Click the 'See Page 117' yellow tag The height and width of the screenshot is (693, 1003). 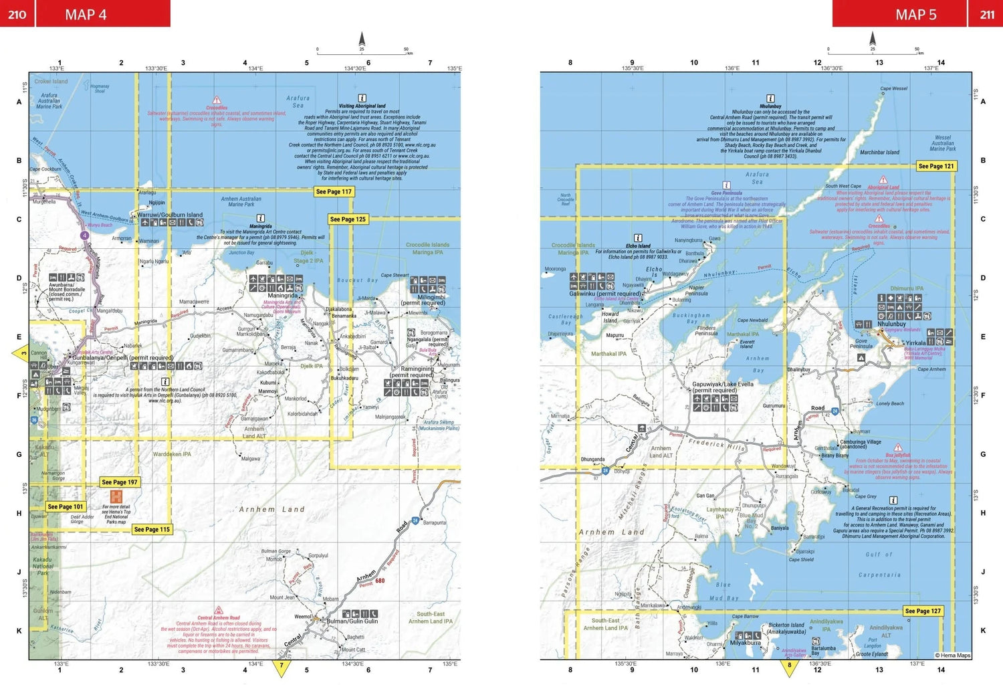[x=334, y=192]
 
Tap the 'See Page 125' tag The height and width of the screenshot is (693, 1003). [x=348, y=219]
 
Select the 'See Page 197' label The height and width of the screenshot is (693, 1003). [x=120, y=482]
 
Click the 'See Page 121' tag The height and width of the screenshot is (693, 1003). [x=936, y=167]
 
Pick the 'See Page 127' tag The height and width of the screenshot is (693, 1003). [x=923, y=611]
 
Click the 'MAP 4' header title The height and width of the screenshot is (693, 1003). [x=86, y=15]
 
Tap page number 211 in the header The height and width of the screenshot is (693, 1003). [x=987, y=15]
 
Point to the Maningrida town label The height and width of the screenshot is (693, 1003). [x=283, y=296]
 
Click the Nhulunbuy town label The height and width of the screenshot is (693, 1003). [x=891, y=324]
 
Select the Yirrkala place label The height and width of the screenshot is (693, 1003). [x=915, y=343]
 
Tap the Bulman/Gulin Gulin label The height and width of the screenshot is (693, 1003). [x=352, y=621]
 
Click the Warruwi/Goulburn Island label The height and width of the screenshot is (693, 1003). [x=170, y=215]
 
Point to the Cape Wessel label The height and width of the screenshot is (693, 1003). [x=894, y=89]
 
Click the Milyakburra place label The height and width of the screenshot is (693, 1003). [x=746, y=643]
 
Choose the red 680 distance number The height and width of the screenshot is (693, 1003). [x=380, y=581]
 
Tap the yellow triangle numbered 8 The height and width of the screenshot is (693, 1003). [x=790, y=666]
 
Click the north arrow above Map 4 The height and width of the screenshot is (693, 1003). [x=362, y=39]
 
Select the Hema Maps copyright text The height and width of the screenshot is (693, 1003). [x=953, y=656]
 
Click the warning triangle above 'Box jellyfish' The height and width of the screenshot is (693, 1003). [x=898, y=448]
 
